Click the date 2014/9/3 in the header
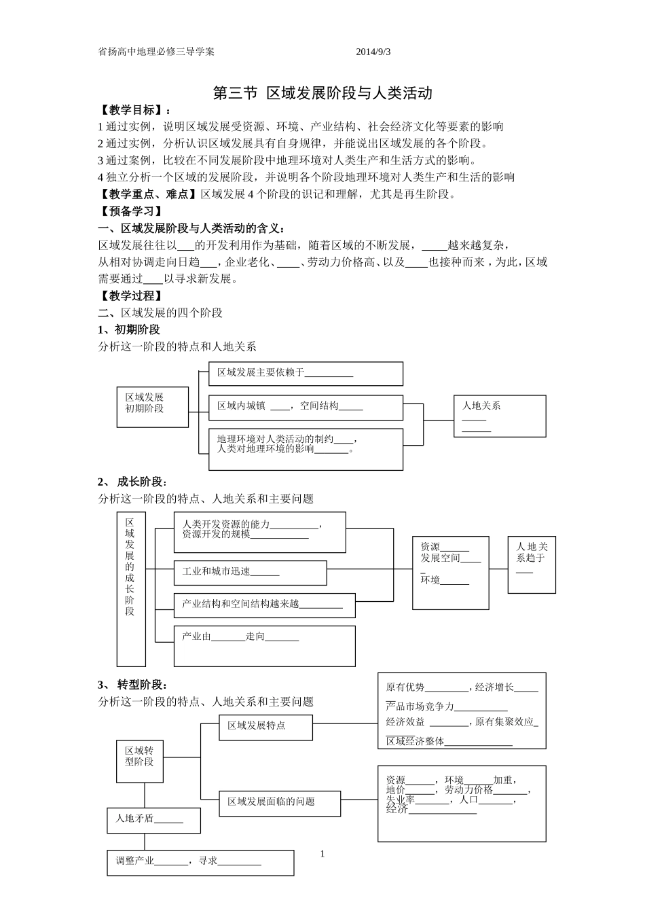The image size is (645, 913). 373,52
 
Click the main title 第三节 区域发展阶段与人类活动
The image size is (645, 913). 322,93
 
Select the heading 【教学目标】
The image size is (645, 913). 135,110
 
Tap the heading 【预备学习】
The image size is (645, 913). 130,211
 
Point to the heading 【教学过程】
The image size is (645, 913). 130,296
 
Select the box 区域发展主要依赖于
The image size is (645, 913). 306,374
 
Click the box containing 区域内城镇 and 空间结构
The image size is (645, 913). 306,408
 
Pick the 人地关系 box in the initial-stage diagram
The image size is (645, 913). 500,416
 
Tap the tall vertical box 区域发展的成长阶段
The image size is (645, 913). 131,589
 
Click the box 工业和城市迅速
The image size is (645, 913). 250,573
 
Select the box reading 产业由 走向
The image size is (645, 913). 265,645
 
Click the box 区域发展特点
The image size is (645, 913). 265,727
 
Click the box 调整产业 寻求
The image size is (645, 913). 200,862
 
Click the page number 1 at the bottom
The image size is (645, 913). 322,854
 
